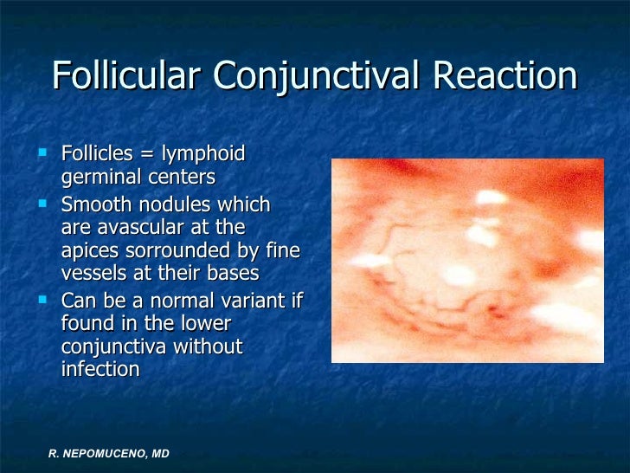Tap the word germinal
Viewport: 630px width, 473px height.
(97, 178)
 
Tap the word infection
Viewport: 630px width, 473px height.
(100, 368)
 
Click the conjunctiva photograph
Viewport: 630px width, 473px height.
(467, 260)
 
